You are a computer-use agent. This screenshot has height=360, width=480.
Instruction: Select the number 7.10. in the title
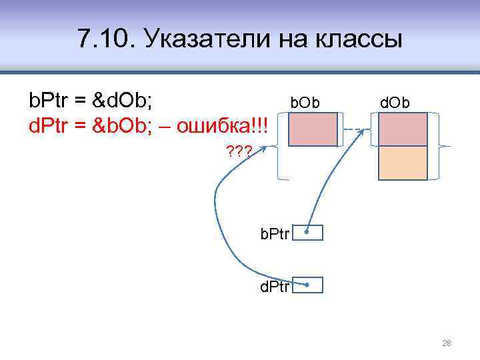point(105,40)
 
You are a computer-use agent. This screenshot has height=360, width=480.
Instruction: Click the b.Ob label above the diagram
point(305,103)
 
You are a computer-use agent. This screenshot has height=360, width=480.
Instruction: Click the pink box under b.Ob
point(313,129)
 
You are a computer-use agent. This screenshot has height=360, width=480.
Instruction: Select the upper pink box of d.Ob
point(403,129)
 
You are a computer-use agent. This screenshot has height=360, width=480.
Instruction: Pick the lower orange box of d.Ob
point(403,163)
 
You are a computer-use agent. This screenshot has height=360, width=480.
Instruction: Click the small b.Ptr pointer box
point(308,233)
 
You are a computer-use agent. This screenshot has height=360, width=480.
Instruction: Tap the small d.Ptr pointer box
point(308,285)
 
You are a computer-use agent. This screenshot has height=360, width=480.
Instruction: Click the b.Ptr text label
point(275,234)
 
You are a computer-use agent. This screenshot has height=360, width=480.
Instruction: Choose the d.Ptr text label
point(275,287)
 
